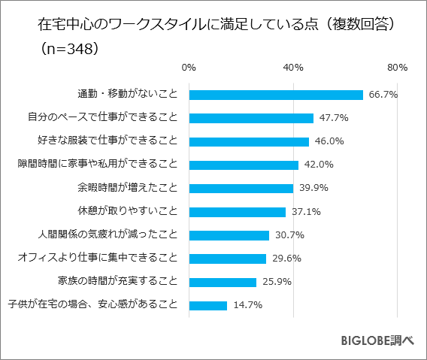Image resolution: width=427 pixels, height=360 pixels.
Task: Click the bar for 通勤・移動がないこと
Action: pos(276,95)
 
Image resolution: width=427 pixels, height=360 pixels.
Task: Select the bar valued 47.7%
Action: pos(251,118)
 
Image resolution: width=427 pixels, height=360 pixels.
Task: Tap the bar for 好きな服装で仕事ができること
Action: pos(249,141)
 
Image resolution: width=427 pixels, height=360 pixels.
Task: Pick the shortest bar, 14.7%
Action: pos(208,305)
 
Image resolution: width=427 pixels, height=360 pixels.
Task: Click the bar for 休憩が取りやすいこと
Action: pos(238,212)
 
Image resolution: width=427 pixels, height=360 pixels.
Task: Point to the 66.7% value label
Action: pos(383,95)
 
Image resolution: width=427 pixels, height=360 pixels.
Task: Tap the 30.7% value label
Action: pos(289,235)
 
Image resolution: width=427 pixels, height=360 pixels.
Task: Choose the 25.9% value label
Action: pos(277,282)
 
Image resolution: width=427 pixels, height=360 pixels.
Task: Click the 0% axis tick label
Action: pos(189,68)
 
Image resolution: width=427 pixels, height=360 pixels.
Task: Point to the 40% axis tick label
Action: pos(293,68)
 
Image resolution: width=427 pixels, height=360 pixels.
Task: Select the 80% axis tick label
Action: pos(397,68)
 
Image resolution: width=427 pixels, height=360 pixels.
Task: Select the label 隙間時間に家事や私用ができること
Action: pos(98,165)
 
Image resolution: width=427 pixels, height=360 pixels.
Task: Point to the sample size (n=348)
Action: pos(65,49)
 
